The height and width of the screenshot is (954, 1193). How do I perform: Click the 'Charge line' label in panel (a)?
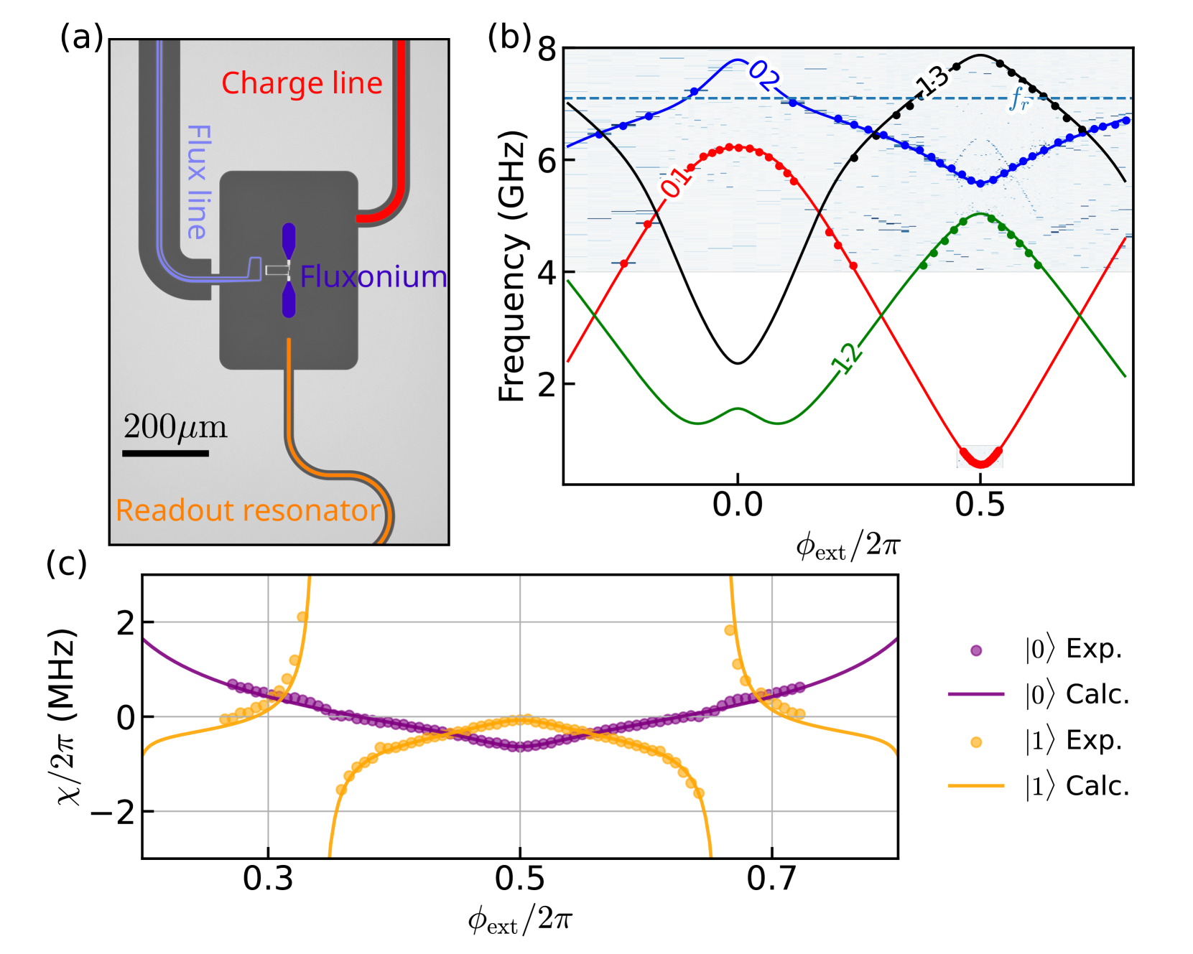tap(302, 83)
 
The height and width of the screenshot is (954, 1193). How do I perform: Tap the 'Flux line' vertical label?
tap(199, 182)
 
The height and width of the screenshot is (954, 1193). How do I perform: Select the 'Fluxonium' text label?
tap(373, 276)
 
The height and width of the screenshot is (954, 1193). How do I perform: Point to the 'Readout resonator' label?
tap(248, 510)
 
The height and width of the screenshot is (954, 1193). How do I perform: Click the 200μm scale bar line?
tap(165, 453)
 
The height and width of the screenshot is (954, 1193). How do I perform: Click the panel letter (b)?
tap(509, 36)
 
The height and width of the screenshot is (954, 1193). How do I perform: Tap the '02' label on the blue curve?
tap(763, 75)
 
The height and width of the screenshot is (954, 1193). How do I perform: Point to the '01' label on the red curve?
tap(674, 182)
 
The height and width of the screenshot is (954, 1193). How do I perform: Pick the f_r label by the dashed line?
tap(1018, 100)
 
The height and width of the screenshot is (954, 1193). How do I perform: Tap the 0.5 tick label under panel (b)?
tap(980, 505)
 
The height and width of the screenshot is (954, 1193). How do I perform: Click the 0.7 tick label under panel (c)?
tap(771, 879)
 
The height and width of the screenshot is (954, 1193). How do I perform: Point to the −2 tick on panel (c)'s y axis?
tap(112, 813)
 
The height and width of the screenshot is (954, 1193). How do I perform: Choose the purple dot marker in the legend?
tap(975, 650)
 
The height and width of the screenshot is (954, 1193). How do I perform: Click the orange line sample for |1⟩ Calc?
tap(975, 786)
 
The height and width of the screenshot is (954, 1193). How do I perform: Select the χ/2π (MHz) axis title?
tap(66, 716)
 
